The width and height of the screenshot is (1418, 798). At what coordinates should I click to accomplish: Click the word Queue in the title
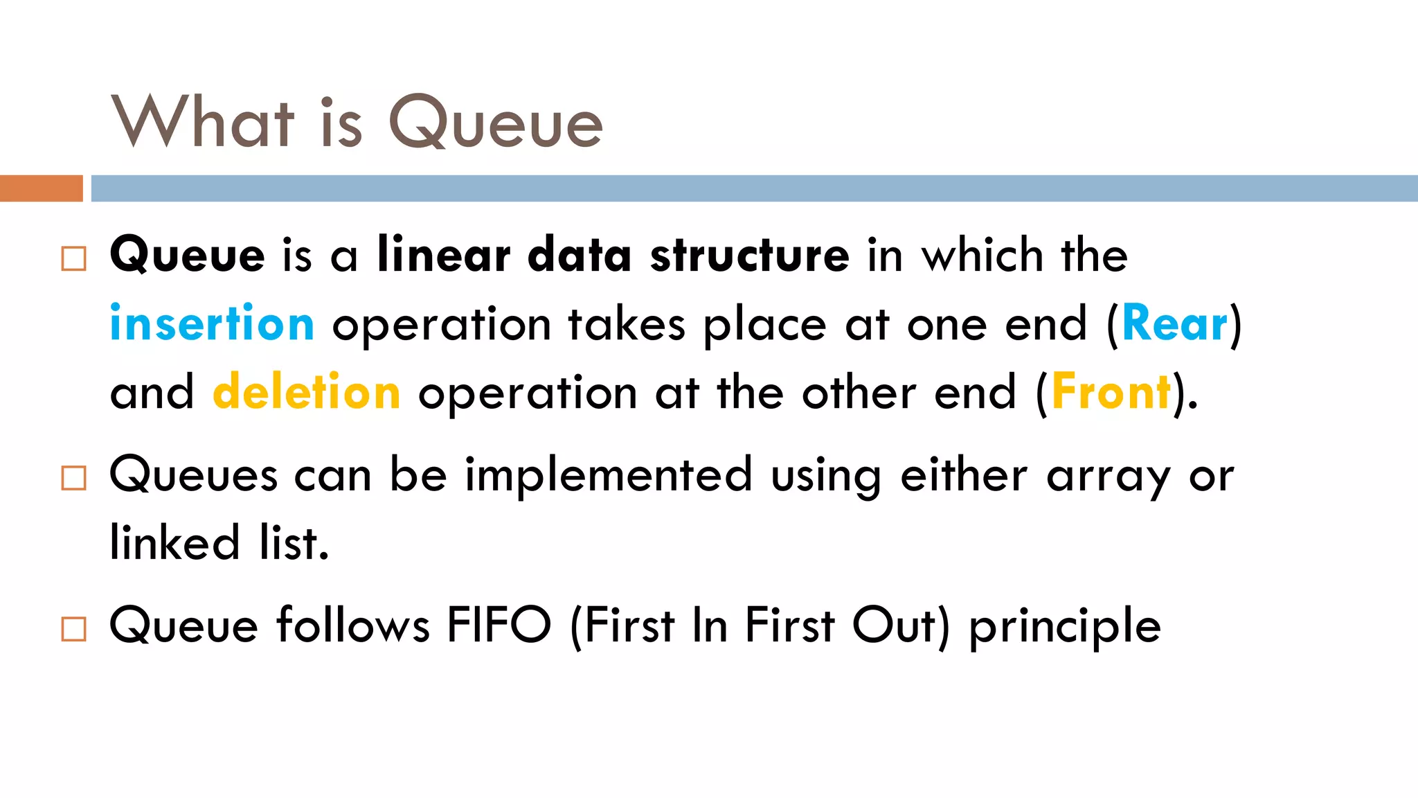pyautogui.click(x=496, y=123)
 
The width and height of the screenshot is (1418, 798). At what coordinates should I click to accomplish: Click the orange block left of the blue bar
pyautogui.click(x=41, y=188)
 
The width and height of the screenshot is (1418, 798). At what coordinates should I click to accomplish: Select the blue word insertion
pyautogui.click(x=213, y=323)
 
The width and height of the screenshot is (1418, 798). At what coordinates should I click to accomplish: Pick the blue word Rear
pyautogui.click(x=1174, y=323)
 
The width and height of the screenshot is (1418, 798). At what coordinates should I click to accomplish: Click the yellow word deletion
pyautogui.click(x=307, y=392)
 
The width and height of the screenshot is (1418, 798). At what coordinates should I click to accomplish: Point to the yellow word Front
pyautogui.click(x=1111, y=392)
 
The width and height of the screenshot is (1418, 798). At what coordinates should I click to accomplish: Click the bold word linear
pyautogui.click(x=444, y=255)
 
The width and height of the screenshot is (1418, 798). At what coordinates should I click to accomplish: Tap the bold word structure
pyautogui.click(x=750, y=255)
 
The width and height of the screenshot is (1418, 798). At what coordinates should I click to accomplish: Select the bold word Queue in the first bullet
pyautogui.click(x=188, y=255)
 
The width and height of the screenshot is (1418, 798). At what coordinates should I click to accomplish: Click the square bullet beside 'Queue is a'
pyautogui.click(x=74, y=259)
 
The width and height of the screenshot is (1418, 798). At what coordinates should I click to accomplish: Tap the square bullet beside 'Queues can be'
pyautogui.click(x=74, y=478)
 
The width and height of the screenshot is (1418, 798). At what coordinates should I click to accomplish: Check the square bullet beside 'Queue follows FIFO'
pyautogui.click(x=74, y=629)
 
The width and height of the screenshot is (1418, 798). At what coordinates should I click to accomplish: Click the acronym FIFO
pyautogui.click(x=499, y=625)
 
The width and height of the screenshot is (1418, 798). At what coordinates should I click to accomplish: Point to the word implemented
pyautogui.click(x=609, y=475)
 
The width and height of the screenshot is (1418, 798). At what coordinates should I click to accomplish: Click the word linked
pyautogui.click(x=175, y=542)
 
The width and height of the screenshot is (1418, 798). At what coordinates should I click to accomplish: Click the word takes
pyautogui.click(x=627, y=323)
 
